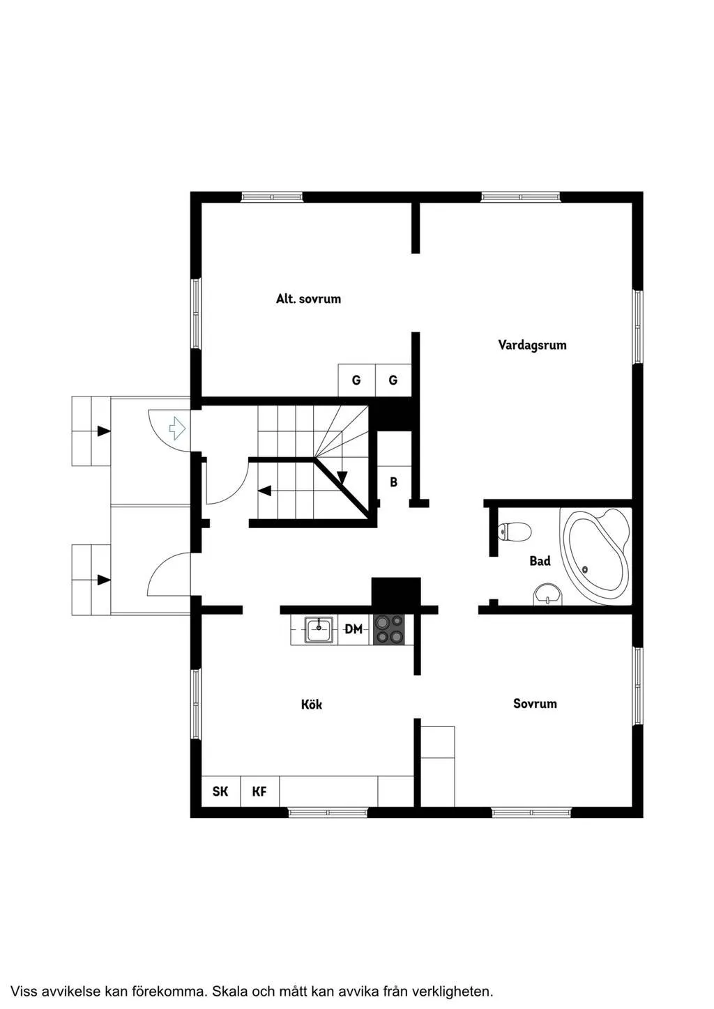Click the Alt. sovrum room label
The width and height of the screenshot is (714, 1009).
308,299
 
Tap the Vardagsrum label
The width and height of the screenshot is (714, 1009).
532,345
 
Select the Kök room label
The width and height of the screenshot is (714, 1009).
312,704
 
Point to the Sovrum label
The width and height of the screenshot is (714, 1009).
535,703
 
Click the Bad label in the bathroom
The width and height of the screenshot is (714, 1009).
540,561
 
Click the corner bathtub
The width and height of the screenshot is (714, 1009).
595,556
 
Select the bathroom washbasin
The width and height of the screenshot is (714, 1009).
548,594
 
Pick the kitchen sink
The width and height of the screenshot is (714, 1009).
319,629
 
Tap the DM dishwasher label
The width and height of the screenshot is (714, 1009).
354,629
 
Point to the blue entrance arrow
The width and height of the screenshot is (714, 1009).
177,428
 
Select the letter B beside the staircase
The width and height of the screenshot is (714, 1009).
393,482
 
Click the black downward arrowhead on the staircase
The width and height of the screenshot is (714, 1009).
342,477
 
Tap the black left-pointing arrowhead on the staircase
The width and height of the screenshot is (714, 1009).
264,491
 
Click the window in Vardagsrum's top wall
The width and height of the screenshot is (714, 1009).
521,197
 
